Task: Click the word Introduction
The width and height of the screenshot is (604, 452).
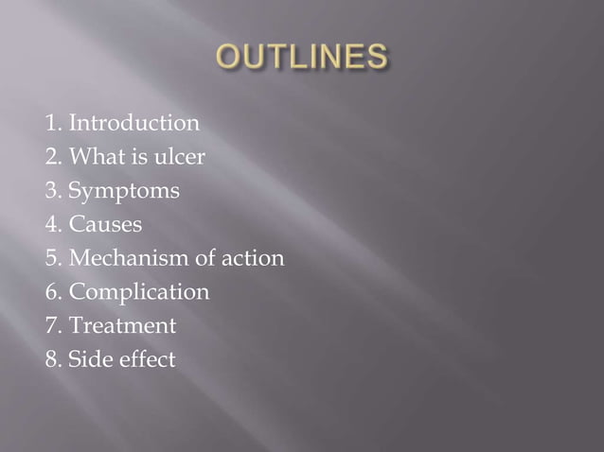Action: (133, 123)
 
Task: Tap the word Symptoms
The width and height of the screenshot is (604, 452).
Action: (126, 192)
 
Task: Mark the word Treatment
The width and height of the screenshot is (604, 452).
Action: (122, 325)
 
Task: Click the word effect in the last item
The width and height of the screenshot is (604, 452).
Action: (146, 359)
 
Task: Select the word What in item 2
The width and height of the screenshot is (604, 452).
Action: (94, 157)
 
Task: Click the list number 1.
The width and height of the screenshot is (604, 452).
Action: (50, 123)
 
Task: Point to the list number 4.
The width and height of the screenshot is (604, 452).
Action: (50, 225)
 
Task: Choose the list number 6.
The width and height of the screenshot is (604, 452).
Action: (50, 292)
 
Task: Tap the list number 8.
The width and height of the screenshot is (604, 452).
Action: (50, 359)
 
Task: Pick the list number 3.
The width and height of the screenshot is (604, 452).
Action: (50, 192)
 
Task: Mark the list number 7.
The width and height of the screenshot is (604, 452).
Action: (50, 325)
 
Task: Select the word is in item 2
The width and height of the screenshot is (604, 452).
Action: (136, 157)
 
